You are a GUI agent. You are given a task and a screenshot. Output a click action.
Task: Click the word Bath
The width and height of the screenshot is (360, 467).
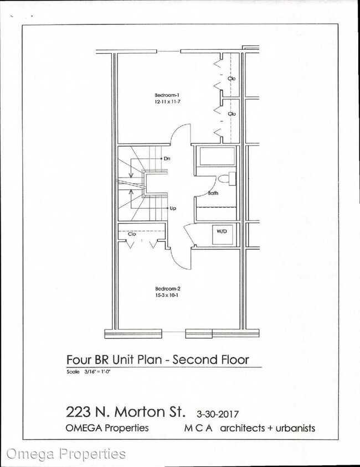coord(213,194)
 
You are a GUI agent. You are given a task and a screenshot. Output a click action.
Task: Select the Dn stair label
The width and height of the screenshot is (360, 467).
coord(167,159)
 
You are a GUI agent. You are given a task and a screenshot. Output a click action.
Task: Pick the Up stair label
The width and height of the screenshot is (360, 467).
coord(173,209)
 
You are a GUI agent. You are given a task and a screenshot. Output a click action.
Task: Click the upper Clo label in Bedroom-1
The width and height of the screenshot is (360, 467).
coord(232,79)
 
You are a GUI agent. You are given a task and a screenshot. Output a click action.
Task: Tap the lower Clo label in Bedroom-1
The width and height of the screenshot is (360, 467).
coord(232,114)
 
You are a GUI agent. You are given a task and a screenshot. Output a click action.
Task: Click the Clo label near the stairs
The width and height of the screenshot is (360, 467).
coord(132,234)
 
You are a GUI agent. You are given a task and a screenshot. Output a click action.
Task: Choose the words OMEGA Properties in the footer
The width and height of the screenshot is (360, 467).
coord(107,428)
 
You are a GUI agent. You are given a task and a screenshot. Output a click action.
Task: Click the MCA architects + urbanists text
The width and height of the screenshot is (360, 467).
coord(249,428)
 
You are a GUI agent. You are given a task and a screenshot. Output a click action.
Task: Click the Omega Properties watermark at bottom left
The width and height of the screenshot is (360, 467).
coord(66,454)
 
